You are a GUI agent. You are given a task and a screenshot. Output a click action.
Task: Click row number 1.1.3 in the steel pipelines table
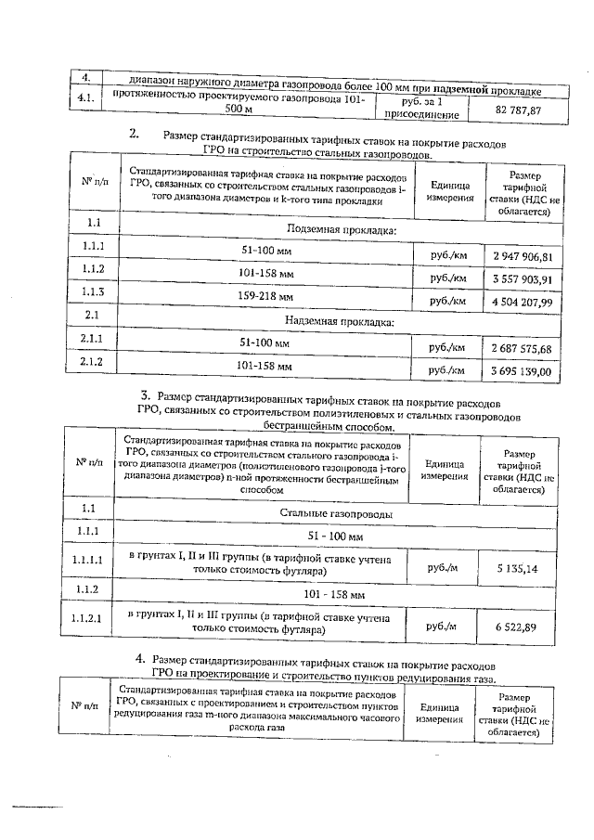92,292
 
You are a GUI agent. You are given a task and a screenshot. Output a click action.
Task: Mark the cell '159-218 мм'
266,297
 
